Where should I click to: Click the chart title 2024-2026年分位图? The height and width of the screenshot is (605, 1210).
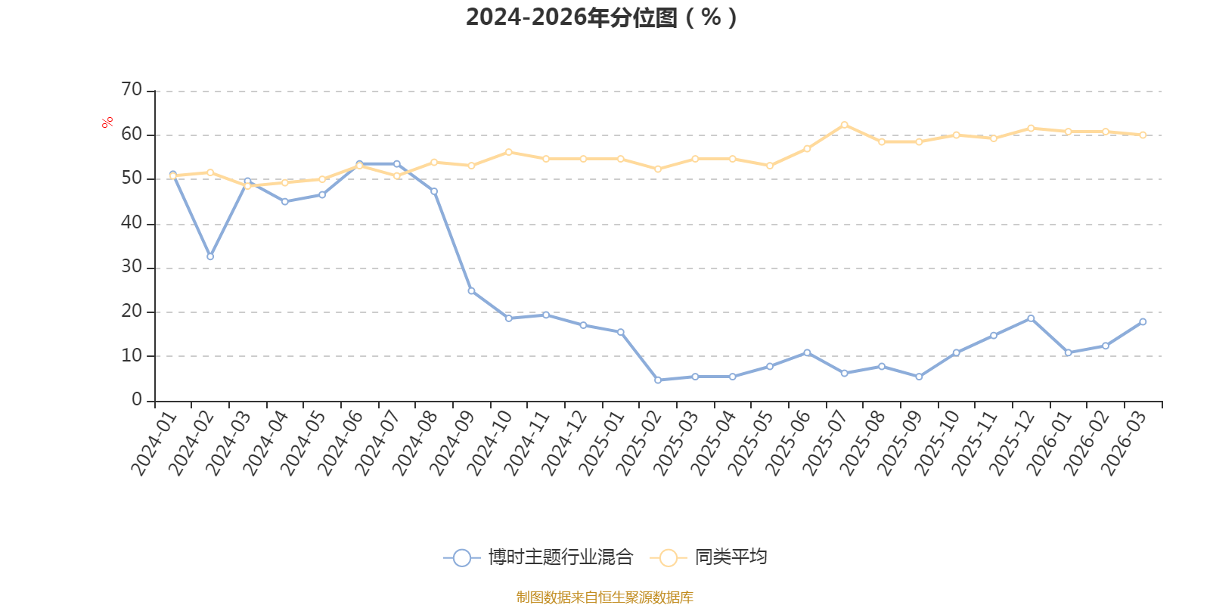(x=601, y=17)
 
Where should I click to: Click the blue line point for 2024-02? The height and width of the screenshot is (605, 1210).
(x=210, y=256)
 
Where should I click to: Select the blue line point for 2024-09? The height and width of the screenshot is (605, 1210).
(x=471, y=291)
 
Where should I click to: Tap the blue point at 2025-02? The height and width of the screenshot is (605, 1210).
(x=658, y=380)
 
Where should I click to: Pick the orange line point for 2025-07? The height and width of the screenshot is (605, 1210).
(x=845, y=125)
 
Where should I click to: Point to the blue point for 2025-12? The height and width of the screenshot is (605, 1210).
(x=1031, y=318)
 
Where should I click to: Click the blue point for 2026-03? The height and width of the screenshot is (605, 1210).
(x=1143, y=322)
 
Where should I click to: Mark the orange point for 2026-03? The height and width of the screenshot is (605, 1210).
(x=1143, y=135)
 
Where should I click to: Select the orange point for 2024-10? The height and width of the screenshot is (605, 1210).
(x=508, y=152)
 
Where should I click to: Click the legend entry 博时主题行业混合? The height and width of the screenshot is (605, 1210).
(x=538, y=557)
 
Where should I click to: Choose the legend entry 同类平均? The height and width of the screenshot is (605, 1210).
(x=709, y=557)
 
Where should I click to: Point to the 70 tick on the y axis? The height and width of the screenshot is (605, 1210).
(x=132, y=90)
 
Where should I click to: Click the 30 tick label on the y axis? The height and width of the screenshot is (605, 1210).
(x=132, y=267)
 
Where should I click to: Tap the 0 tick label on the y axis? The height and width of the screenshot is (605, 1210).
(x=137, y=399)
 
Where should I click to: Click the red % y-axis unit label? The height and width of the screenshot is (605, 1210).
(x=107, y=122)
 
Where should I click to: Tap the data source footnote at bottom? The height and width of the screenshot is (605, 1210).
(x=605, y=597)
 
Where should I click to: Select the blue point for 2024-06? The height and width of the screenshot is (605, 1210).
(x=359, y=163)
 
